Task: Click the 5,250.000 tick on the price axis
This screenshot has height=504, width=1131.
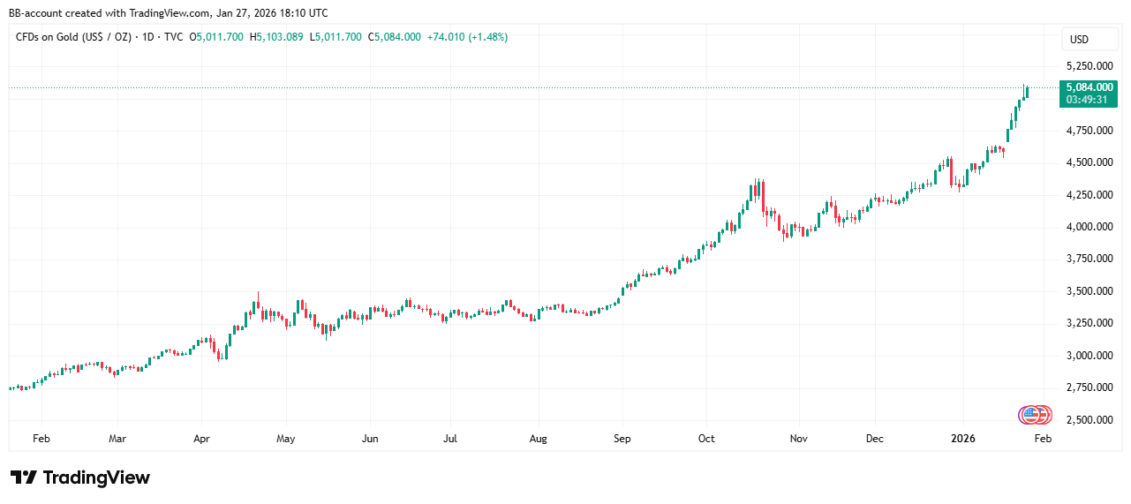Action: pyautogui.click(x=1089, y=66)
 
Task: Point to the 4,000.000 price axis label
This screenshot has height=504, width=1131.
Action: pyautogui.click(x=1089, y=227)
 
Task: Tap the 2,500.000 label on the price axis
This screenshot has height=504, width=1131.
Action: pyautogui.click(x=1089, y=420)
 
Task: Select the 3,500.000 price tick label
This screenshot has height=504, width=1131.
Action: pyautogui.click(x=1089, y=291)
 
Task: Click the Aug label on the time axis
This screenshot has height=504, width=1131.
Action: pyautogui.click(x=539, y=438)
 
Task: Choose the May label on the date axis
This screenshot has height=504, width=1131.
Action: pyautogui.click(x=285, y=438)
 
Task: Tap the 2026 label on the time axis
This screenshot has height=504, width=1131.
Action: pyautogui.click(x=963, y=438)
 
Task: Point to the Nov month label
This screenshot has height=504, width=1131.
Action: pyautogui.click(x=799, y=438)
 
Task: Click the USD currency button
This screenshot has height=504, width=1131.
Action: pyautogui.click(x=1079, y=40)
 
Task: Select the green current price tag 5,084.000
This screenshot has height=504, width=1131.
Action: pyautogui.click(x=1089, y=87)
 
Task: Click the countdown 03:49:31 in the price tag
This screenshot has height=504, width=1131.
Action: pyautogui.click(x=1089, y=99)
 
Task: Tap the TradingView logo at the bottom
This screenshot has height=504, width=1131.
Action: pyautogui.click(x=80, y=478)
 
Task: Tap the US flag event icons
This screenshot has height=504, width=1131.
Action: pyautogui.click(x=1034, y=414)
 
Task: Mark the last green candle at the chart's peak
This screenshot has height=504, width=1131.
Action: pyautogui.click(x=1026, y=92)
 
